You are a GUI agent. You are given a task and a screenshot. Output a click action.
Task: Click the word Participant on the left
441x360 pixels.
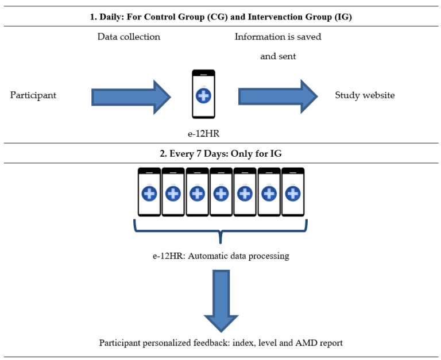tap(33, 95)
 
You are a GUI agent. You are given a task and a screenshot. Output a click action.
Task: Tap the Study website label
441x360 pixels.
tap(365, 95)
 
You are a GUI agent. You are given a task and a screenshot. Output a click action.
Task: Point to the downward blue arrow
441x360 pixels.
tap(220, 301)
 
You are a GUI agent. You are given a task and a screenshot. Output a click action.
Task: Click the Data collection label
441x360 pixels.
tap(129, 37)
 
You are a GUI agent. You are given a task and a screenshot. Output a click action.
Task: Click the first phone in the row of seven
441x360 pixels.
tap(149, 192)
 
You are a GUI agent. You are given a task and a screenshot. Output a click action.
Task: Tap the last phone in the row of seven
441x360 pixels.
tap(292, 192)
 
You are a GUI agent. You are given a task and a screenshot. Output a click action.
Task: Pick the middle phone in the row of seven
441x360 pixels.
tap(221, 192)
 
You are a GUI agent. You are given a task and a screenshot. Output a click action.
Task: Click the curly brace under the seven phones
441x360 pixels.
tap(220, 233)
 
